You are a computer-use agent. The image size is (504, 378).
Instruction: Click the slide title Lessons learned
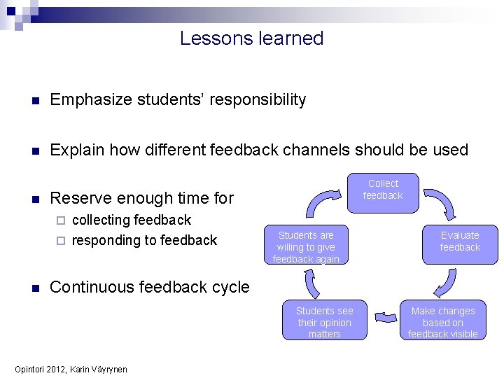click(251, 38)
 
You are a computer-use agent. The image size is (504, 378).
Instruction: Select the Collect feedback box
click(383, 190)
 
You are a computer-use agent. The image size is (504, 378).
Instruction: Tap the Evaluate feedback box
click(460, 241)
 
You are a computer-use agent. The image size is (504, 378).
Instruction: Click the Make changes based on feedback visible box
click(442, 322)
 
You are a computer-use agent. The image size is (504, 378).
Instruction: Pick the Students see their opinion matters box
click(324, 322)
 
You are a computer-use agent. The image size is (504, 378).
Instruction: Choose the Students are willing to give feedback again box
click(306, 246)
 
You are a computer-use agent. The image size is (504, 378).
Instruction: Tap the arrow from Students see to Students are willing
click(311, 283)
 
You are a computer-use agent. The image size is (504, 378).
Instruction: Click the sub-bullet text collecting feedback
click(131, 220)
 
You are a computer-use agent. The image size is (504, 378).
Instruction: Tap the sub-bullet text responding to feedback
click(144, 240)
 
